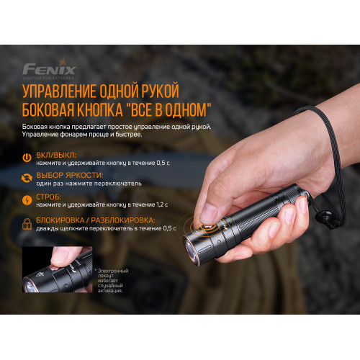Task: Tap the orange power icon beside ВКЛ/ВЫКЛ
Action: point(27,158)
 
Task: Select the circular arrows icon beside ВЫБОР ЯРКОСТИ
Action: point(27,178)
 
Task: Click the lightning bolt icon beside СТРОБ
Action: point(27,199)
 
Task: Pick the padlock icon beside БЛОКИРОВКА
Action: point(27,224)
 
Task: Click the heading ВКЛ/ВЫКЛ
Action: point(60,154)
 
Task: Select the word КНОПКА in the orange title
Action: point(103,111)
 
